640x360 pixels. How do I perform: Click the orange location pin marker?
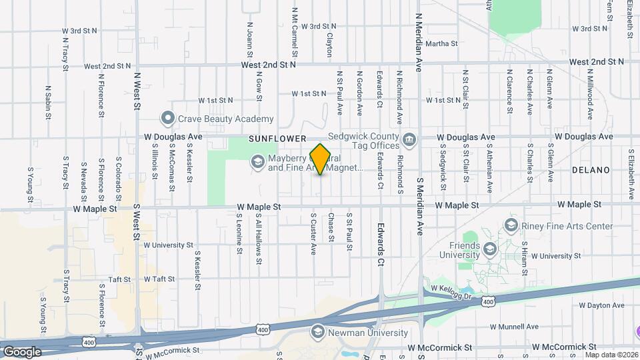pyautogui.click(x=321, y=159)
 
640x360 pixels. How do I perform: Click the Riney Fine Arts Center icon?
pyautogui.click(x=511, y=226)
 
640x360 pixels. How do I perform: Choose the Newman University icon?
pyautogui.click(x=318, y=332)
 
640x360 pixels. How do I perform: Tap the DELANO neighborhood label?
pyautogui.click(x=591, y=170)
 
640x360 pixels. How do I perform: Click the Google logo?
pyautogui.click(x=22, y=351)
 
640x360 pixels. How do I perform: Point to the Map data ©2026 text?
pyautogui.click(x=611, y=354)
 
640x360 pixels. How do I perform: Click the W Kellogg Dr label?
pyautogui.click(x=451, y=288)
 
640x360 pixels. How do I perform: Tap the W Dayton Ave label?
pyautogui.click(x=601, y=305)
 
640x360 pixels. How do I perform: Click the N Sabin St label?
pyautogui.click(x=49, y=102)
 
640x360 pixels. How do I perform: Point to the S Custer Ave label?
pyautogui.click(x=313, y=233)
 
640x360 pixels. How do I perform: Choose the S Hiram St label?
pyautogui.click(x=525, y=263)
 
